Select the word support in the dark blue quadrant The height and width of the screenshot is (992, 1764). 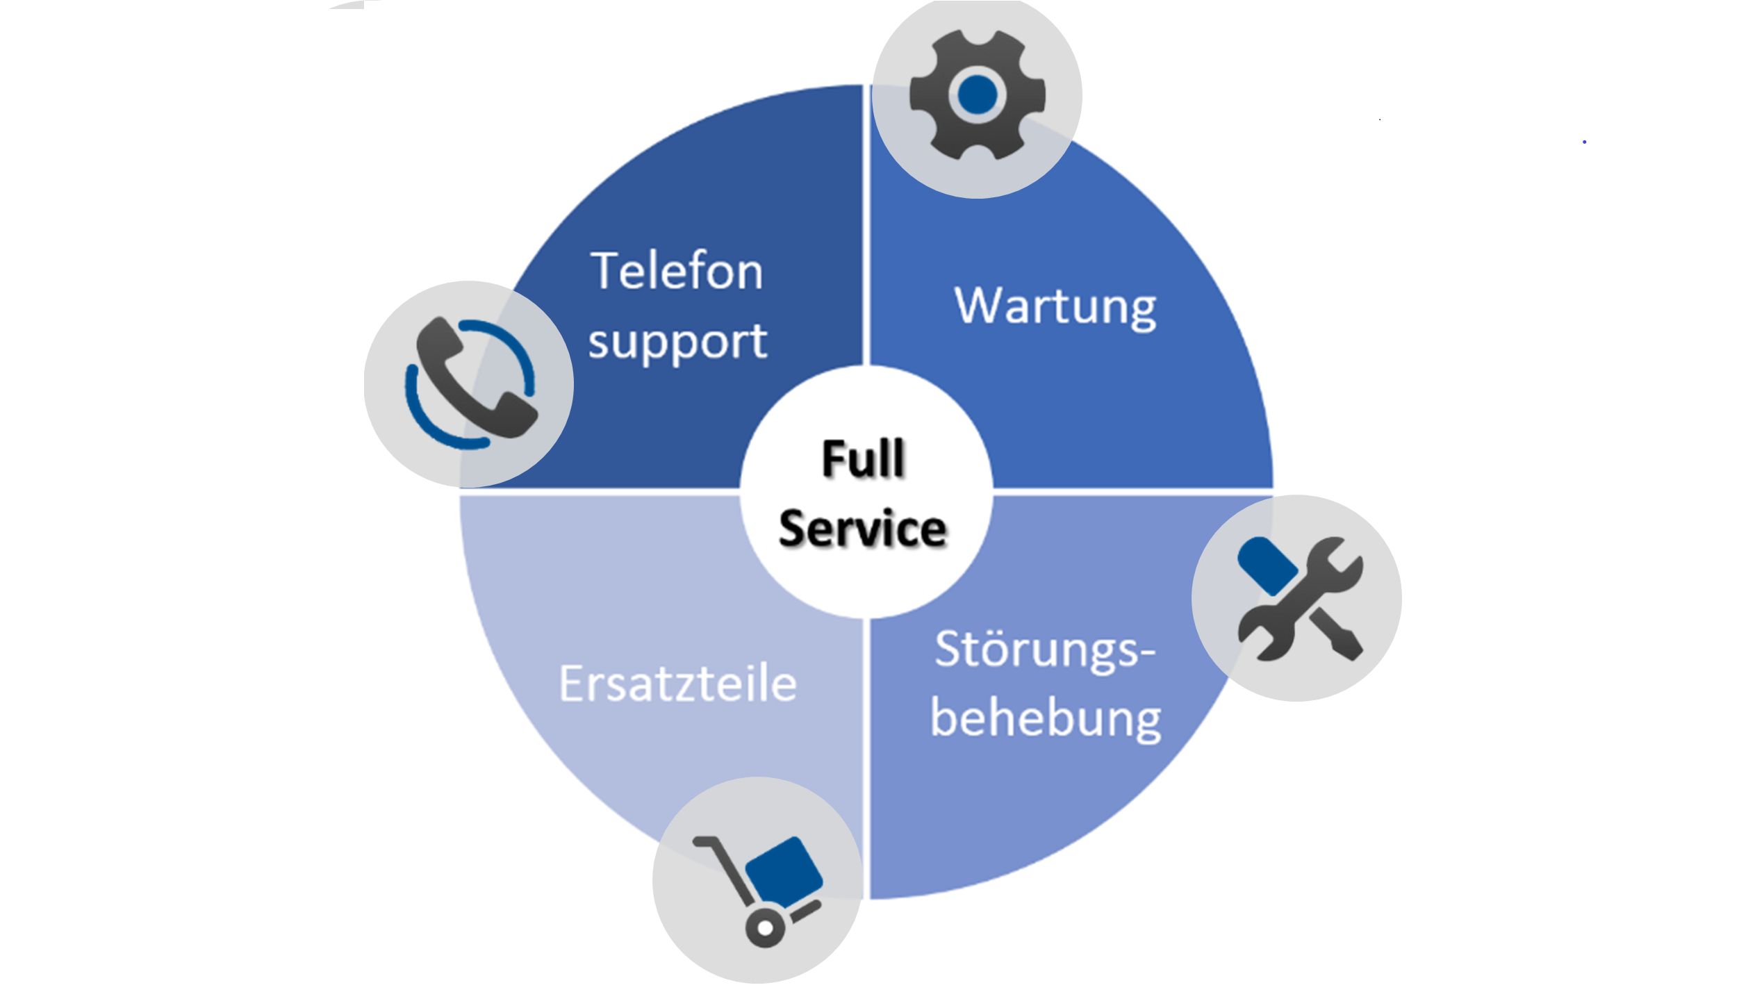pyautogui.click(x=677, y=342)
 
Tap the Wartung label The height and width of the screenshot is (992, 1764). pyautogui.click(x=1055, y=306)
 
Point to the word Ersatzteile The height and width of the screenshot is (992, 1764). pyautogui.click(x=677, y=684)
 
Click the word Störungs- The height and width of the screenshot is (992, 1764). pyautogui.click(x=1044, y=650)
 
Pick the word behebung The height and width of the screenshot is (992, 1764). pyautogui.click(x=1045, y=718)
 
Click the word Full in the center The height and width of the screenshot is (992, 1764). pyautogui.click(x=863, y=459)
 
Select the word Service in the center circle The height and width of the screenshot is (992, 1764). pyautogui.click(x=863, y=529)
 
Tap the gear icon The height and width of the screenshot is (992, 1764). pyautogui.click(x=977, y=95)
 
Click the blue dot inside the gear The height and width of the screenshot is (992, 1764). pyautogui.click(x=977, y=94)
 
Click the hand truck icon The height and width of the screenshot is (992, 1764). pyautogui.click(x=758, y=889)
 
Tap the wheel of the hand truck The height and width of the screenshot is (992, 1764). pyautogui.click(x=765, y=927)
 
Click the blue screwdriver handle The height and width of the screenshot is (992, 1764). pyautogui.click(x=1267, y=565)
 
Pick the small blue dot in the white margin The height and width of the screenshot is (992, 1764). pyautogui.click(x=1584, y=142)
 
